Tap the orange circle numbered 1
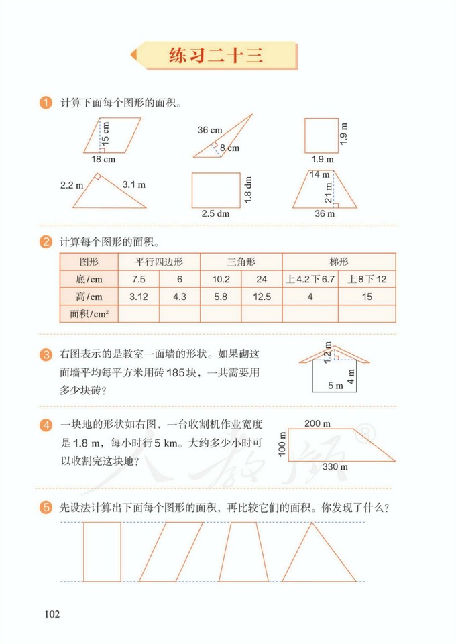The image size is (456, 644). coord(46,103)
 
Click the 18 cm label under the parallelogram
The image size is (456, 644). coord(103,160)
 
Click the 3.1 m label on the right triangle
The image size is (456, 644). coord(134,184)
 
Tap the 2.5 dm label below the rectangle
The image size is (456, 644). coord(215,214)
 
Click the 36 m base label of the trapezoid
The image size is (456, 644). coord(325,214)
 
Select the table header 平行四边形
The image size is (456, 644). coord(159,261)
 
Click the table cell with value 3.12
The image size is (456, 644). coord(138,296)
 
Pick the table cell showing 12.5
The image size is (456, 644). coord(262,296)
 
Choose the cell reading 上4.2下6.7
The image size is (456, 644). coord(310,278)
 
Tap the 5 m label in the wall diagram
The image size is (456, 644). coord(335,386)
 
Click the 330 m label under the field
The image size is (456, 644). coord(334,466)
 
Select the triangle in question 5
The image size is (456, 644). coord(319,553)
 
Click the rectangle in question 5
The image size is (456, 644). coord(102,551)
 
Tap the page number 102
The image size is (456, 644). coord(52,614)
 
